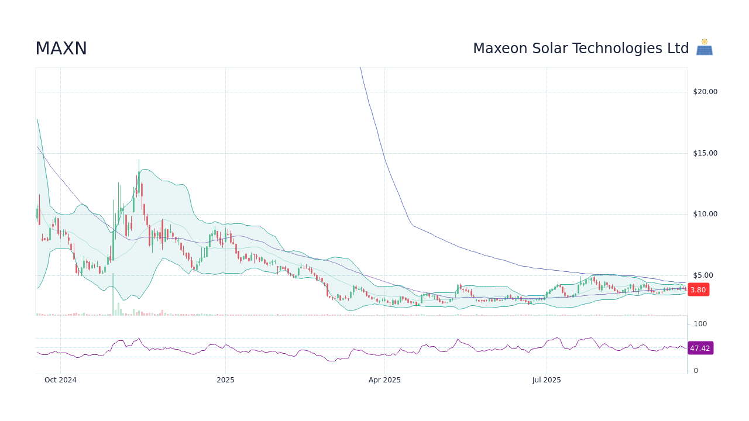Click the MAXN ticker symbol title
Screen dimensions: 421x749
61,49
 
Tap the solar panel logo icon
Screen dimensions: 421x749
704,48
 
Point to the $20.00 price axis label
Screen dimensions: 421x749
705,92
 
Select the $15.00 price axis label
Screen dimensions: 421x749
705,153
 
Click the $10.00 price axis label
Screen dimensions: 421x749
705,214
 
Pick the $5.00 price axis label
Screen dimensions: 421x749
703,275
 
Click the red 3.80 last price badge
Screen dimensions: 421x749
698,290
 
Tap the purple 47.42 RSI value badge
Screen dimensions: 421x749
700,348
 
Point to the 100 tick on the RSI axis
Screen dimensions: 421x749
700,324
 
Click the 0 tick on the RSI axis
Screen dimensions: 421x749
696,371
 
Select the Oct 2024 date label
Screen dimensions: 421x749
60,380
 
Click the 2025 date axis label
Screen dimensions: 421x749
225,380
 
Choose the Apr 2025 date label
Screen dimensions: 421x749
384,380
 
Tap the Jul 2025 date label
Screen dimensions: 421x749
547,380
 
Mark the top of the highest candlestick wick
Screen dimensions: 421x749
139,160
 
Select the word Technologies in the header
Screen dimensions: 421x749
621,49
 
